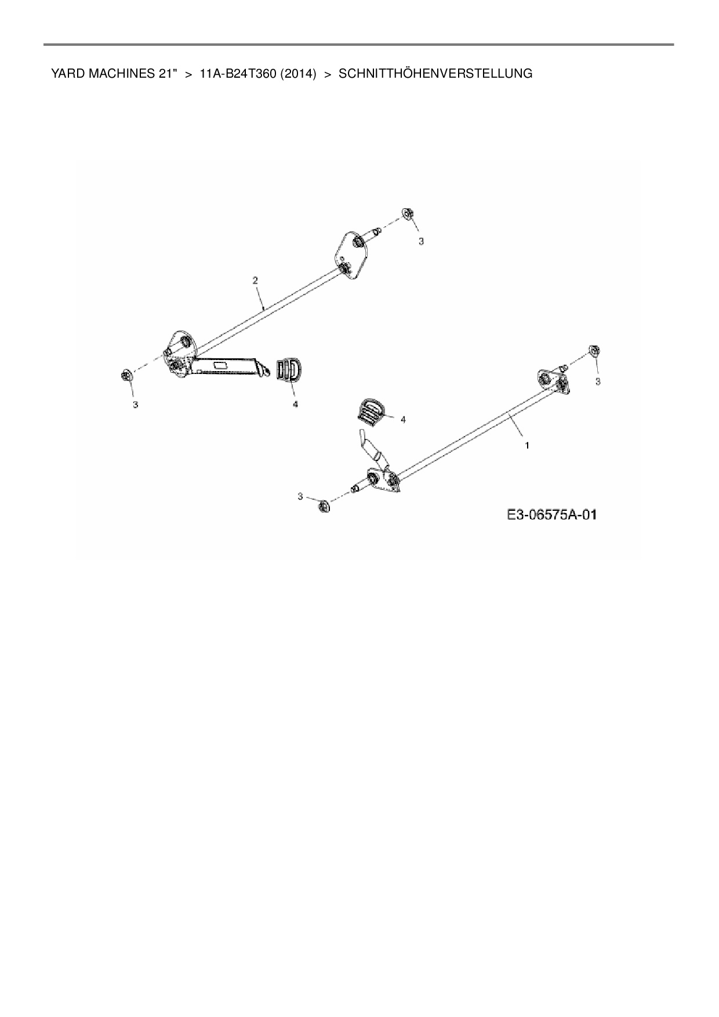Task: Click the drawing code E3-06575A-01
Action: (551, 514)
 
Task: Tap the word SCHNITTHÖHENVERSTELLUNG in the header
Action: (435, 74)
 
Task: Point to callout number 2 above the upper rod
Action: (255, 280)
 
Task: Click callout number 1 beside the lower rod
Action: (526, 446)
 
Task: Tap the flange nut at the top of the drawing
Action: (407, 214)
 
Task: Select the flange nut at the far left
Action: (126, 376)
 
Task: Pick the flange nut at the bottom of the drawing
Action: (324, 506)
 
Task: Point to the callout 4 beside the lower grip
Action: (403, 419)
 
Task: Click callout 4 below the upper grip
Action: (295, 404)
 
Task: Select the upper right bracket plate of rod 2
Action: (351, 255)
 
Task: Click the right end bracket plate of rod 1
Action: (553, 382)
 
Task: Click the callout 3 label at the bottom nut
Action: (300, 496)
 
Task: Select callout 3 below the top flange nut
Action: (422, 241)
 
